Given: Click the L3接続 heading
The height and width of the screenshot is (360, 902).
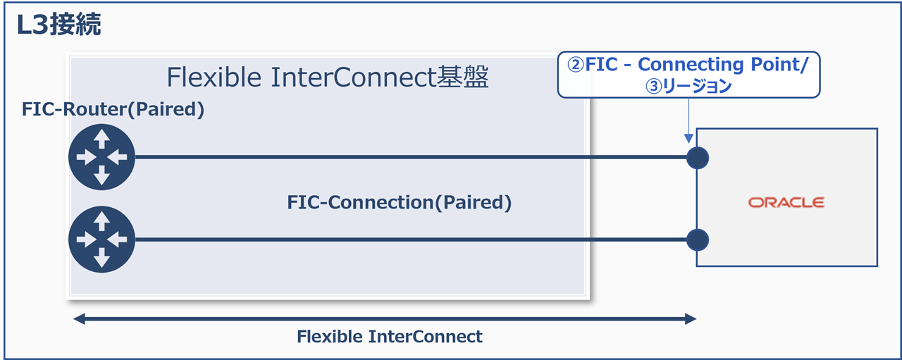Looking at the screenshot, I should (60, 25).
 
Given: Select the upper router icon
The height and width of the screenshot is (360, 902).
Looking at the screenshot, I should (102, 157).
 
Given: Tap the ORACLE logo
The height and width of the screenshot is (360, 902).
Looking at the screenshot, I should (786, 203).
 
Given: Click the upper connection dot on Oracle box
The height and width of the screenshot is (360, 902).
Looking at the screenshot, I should (697, 158).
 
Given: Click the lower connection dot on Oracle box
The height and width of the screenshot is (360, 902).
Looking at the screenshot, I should (697, 240).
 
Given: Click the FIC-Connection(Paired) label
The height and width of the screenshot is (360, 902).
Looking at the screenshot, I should (399, 203).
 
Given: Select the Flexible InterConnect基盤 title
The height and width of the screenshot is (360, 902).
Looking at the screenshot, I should (327, 77).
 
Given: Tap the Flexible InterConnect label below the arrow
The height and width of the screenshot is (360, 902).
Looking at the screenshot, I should (390, 337).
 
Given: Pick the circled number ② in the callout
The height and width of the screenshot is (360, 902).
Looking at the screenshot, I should (576, 65).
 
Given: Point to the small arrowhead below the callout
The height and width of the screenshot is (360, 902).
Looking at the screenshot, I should (687, 140).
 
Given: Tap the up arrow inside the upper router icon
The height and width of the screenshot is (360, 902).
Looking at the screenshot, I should (102, 138).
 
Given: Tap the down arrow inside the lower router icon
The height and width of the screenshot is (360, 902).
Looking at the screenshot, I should (102, 259).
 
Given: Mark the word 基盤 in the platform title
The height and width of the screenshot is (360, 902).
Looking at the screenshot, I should (466, 77).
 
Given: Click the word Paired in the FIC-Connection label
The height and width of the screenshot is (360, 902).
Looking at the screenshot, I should (471, 203).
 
